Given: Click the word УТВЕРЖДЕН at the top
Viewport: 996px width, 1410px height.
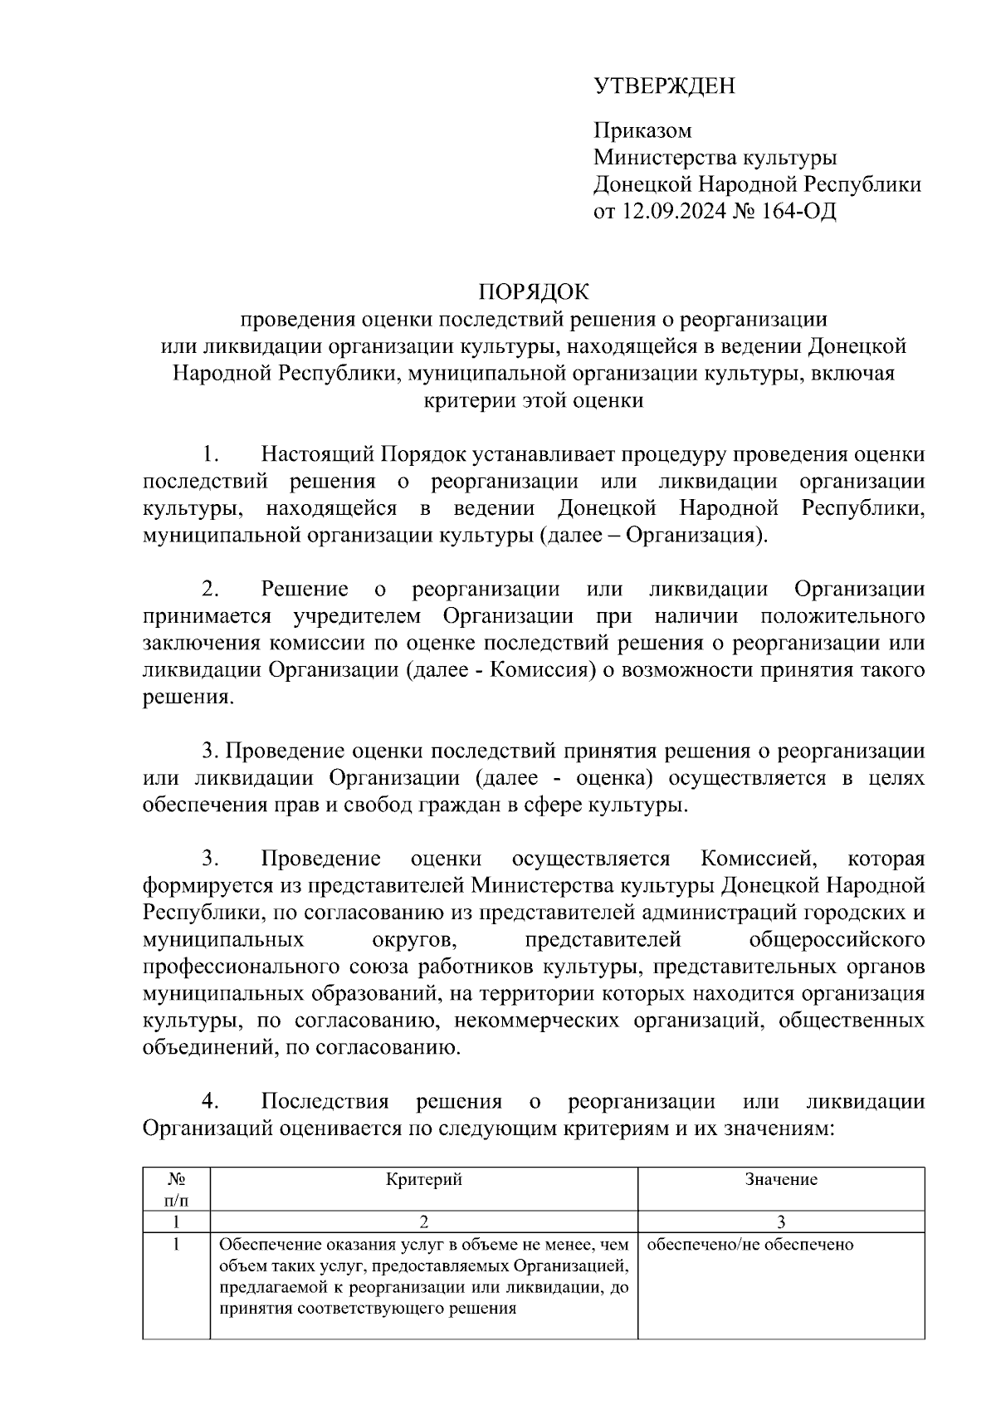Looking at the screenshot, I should click(664, 86).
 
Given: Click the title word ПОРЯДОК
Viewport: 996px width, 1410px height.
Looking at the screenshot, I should click(533, 292).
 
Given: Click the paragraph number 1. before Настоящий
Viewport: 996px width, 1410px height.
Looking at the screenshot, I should click(210, 454).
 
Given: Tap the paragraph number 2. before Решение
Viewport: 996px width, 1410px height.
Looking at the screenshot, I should click(210, 589).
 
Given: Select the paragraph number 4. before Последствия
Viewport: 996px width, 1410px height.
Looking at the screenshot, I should click(210, 1101).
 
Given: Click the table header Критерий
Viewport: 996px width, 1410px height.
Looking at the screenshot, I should click(423, 1179).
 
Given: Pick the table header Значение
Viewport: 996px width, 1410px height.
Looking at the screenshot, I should click(780, 1179).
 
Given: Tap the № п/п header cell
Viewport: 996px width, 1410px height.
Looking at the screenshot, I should click(176, 1189).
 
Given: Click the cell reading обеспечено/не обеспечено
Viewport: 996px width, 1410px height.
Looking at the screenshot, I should click(749, 1244).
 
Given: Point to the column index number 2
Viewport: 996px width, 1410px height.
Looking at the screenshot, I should click(423, 1222).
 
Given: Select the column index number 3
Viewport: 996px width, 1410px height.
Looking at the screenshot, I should click(780, 1222).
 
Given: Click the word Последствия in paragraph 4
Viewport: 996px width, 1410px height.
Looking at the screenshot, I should click(325, 1101).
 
